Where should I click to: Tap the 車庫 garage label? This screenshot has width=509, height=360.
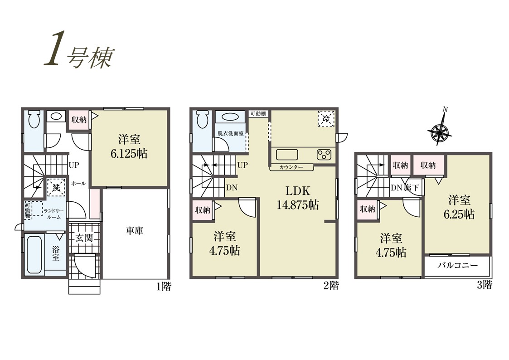pyautogui.click(x=135, y=231)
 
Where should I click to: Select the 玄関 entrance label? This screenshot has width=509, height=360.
pyautogui.click(x=84, y=238)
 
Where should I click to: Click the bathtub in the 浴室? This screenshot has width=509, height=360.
pyautogui.click(x=34, y=254)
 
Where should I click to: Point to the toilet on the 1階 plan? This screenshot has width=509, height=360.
pyautogui.click(x=34, y=120)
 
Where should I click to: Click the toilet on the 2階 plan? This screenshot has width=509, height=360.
pyautogui.click(x=202, y=120)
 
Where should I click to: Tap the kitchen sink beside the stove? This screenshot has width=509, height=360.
pyautogui.click(x=287, y=155)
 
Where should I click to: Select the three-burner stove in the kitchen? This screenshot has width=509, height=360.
pyautogui.click(x=324, y=155)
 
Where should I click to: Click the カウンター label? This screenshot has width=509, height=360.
pyautogui.click(x=291, y=167)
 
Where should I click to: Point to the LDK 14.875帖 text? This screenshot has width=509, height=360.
pyautogui.click(x=298, y=198)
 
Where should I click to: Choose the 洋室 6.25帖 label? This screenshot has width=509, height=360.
pyautogui.click(x=459, y=207)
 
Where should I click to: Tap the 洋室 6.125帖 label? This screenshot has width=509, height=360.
pyautogui.click(x=129, y=146)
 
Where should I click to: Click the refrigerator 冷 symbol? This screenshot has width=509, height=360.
pyautogui.click(x=326, y=119)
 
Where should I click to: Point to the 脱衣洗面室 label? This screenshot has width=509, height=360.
pyautogui.click(x=231, y=133)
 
